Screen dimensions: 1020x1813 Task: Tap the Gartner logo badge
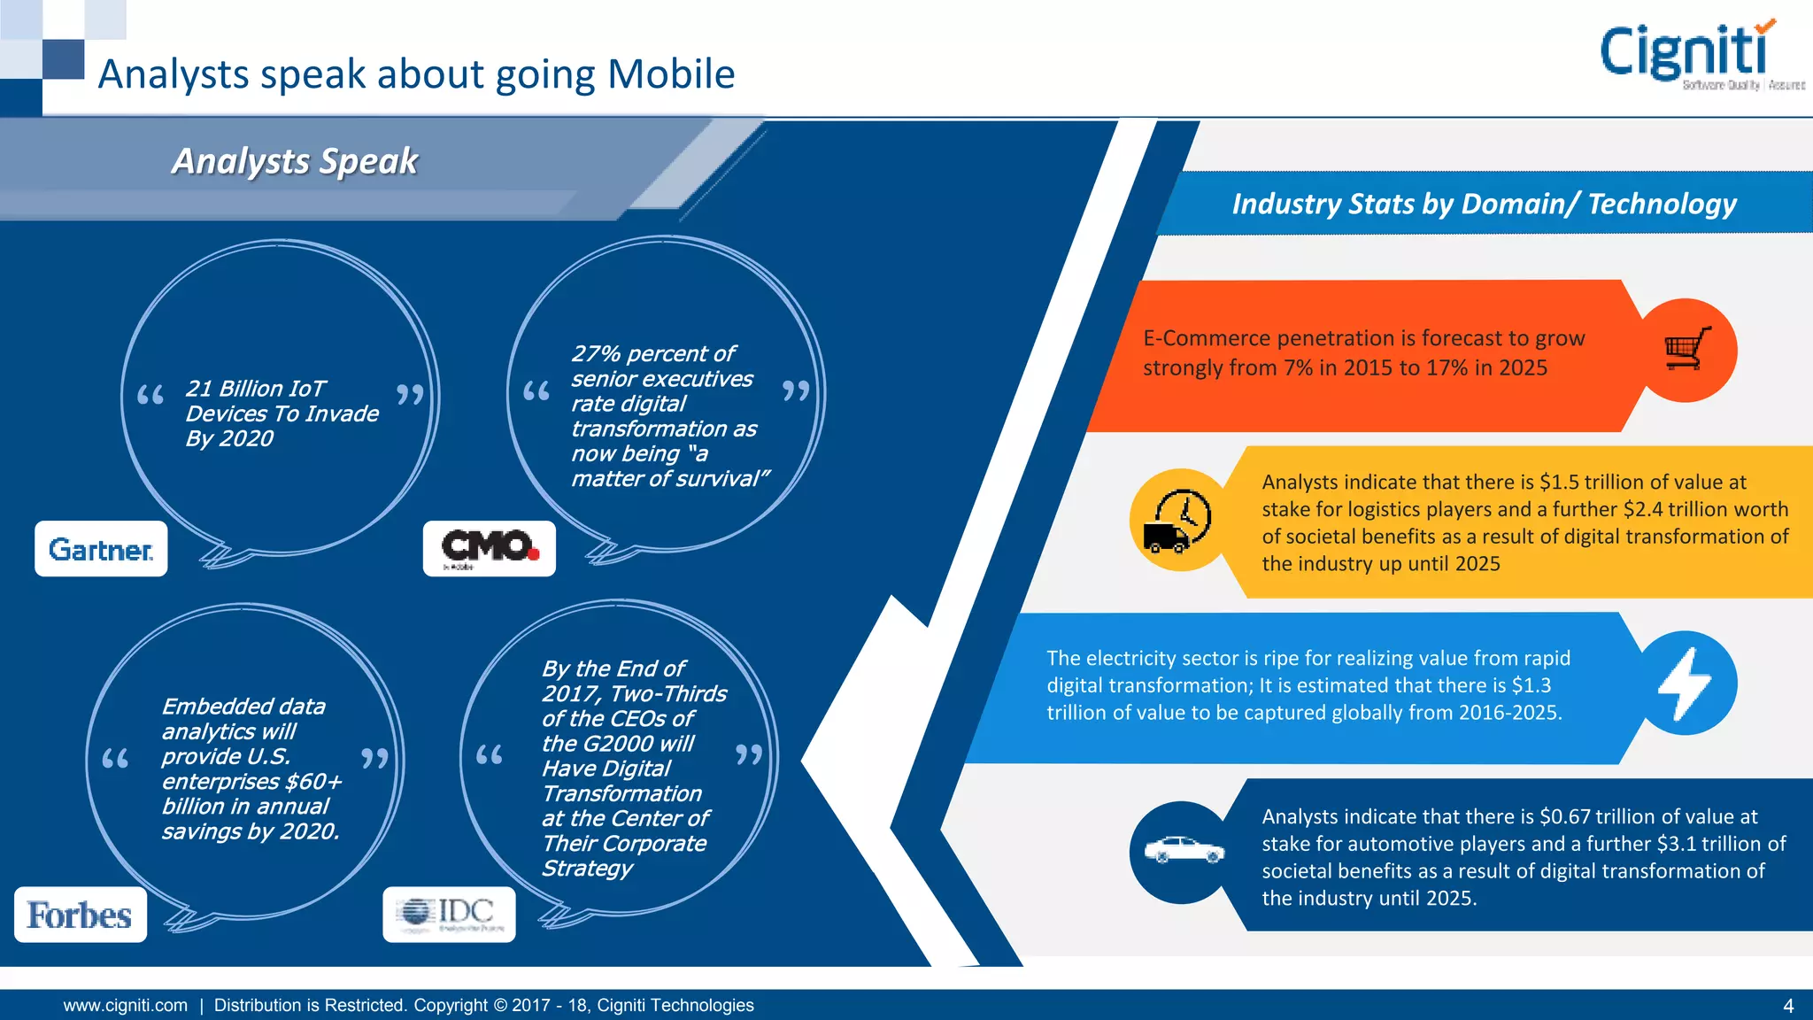[x=101, y=549]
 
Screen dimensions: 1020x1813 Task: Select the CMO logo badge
[x=489, y=548]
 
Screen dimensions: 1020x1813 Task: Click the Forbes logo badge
[x=80, y=915]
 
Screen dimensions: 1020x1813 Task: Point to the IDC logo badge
[x=449, y=914]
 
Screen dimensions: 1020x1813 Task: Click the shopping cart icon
[x=1687, y=350]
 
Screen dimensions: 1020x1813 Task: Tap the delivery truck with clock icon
[x=1180, y=521]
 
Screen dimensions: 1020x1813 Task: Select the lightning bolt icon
[x=1685, y=683]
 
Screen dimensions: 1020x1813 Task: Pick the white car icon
[x=1184, y=851]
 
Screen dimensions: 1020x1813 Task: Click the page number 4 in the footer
[x=1788, y=1006]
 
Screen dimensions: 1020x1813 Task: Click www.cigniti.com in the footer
[x=126, y=1006]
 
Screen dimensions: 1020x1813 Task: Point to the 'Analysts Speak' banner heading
[x=295, y=161]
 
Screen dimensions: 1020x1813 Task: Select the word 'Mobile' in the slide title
[x=671, y=74]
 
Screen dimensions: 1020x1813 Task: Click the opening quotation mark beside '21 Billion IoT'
[x=150, y=395]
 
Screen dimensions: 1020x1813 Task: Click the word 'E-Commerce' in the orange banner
[x=1193, y=338]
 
